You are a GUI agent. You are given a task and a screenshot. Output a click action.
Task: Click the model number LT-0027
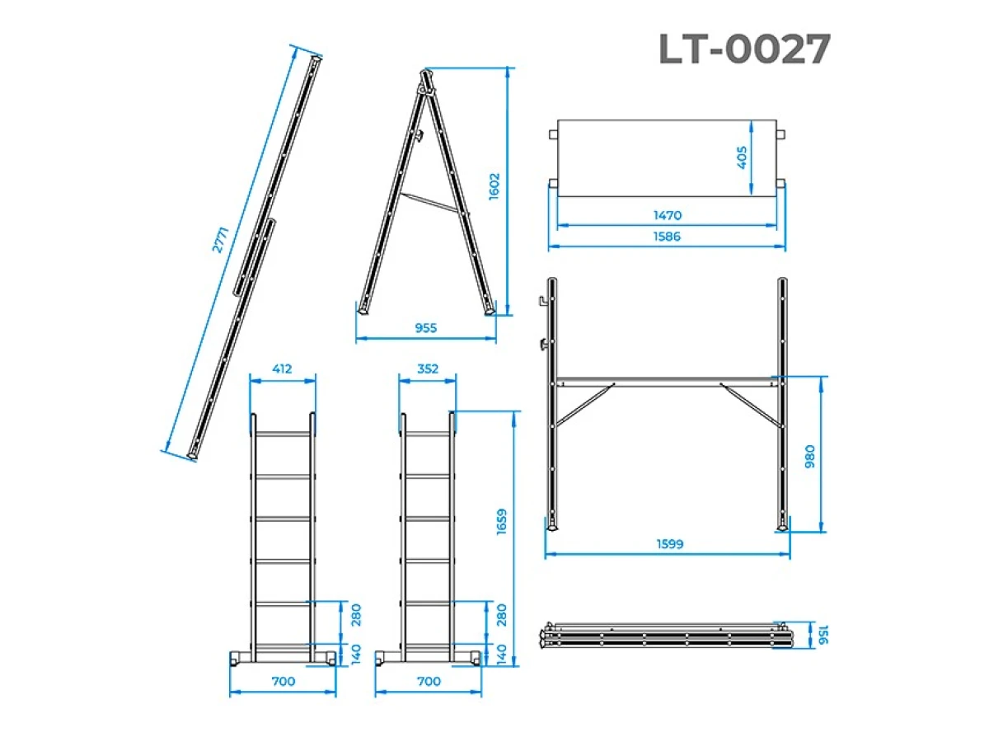744,49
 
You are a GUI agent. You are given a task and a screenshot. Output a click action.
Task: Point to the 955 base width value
426,328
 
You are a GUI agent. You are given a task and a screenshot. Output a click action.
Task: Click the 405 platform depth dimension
742,157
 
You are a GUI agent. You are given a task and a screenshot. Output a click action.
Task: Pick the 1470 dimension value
668,215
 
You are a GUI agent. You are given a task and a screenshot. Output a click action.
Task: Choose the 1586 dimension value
668,237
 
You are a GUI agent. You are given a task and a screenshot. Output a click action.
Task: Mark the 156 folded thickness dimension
821,636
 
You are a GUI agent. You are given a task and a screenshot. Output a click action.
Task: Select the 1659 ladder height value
502,521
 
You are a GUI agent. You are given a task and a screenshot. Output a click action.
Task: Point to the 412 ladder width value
283,369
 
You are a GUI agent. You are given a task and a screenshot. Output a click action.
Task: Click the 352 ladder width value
428,369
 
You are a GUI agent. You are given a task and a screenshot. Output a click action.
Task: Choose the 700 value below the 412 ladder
283,682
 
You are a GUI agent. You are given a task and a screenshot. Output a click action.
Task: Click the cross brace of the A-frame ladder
431,203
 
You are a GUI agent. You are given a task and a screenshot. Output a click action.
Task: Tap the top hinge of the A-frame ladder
425,80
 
